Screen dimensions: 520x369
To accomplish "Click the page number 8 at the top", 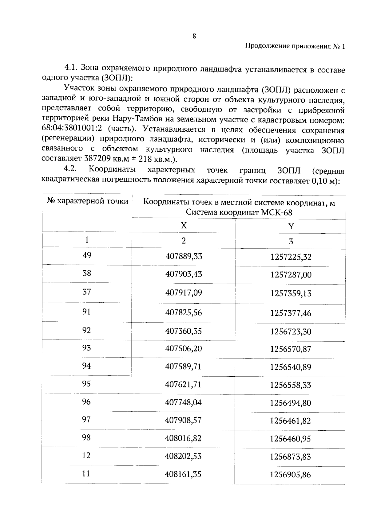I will coord(194,36).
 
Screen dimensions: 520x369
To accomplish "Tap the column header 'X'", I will coord(184,226).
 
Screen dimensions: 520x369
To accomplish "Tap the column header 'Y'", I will coord(291,227).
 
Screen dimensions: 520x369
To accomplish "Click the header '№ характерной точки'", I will coord(87,201).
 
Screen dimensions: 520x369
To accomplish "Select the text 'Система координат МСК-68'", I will coord(239,212).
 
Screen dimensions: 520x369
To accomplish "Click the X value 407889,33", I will coord(184,256).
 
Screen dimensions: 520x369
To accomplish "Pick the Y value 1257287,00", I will coord(291,275).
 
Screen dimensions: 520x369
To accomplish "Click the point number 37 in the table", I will coord(87,292).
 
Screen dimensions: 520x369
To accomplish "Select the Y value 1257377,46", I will coord(291,313).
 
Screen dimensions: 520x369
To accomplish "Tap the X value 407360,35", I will coord(184,331).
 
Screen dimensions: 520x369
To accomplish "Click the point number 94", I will coord(86,366).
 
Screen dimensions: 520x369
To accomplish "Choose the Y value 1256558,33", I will coord(291,385).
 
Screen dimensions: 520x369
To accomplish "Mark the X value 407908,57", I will coord(183,420).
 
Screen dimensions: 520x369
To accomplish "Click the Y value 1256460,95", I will coord(291,439).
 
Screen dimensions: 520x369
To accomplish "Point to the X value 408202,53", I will coord(183,456).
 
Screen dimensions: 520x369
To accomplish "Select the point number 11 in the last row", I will coord(86,474).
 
